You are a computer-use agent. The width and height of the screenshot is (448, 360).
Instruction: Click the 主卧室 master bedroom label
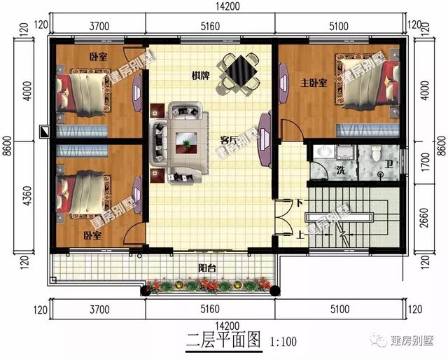point(314,83)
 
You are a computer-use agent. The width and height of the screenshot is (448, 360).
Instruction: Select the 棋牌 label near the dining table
point(202,75)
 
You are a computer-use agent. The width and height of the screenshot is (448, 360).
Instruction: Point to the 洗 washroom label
point(340,170)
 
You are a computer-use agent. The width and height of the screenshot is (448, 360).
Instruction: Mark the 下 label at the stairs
point(300,204)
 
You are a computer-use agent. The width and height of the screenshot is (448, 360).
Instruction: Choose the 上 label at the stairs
point(300,234)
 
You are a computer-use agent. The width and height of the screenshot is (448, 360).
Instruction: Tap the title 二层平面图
point(223,342)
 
